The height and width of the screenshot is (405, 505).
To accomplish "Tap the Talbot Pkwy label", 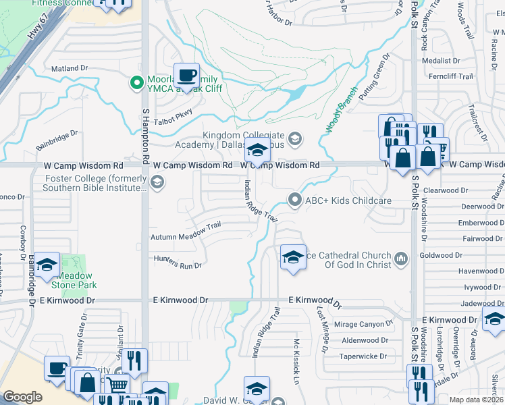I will [174, 114].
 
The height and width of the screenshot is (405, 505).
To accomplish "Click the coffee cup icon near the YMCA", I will [187, 74].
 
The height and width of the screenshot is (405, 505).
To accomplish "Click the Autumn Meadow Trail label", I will [186, 237].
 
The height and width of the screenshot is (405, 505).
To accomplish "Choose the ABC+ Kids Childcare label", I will [348, 200].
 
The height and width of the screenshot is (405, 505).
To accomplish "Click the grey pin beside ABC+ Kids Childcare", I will [294, 200].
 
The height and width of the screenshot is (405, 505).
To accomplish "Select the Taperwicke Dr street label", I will [363, 356].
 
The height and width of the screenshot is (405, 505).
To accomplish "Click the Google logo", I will [22, 397].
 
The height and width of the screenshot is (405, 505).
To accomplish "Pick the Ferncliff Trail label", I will [455, 76].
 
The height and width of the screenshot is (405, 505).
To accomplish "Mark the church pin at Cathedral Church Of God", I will [400, 259].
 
